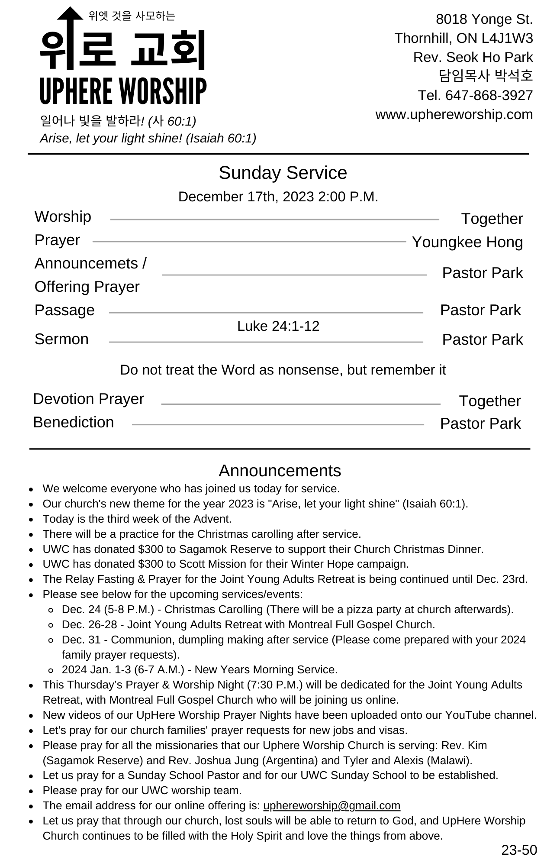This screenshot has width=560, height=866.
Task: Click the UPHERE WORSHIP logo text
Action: [x=123, y=91]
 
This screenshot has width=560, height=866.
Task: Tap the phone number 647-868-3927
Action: [x=489, y=95]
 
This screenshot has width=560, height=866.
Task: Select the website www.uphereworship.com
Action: [x=454, y=114]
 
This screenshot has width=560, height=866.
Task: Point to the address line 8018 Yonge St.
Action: [x=484, y=19]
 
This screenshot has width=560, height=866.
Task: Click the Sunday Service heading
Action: [x=283, y=173]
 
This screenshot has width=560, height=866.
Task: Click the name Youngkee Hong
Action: [x=467, y=242]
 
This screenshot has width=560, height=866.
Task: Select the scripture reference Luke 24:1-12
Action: [x=278, y=326]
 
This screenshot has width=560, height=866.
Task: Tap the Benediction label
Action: [x=74, y=422]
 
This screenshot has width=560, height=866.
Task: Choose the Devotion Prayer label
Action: [x=88, y=399]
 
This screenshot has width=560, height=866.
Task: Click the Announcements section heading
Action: [x=280, y=471]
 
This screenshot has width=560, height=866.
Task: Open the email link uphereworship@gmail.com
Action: [x=331, y=805]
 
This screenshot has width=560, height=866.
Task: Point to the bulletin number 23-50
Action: [x=519, y=850]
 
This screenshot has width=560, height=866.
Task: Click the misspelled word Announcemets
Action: [x=86, y=263]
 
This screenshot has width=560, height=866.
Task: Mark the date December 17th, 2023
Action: [x=246, y=197]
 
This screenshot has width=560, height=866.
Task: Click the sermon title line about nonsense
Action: [x=283, y=370]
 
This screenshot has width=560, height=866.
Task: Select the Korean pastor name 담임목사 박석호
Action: [x=486, y=76]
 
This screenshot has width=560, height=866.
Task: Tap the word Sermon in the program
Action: [x=61, y=339]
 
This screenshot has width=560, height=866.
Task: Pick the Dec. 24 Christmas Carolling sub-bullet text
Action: [x=287, y=609]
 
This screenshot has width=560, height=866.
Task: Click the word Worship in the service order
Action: [x=63, y=216]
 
